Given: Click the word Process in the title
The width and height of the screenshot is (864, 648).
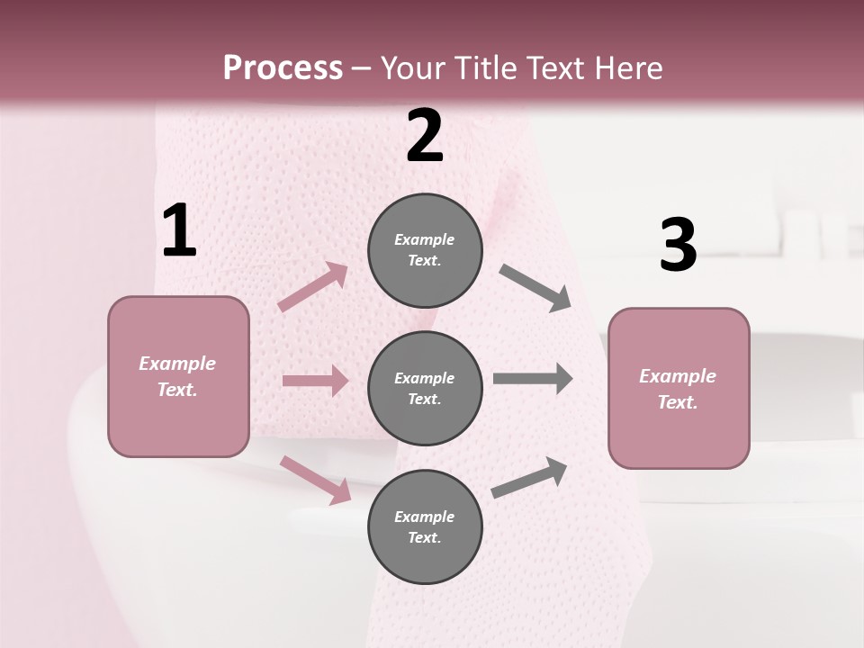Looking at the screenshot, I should (x=283, y=67).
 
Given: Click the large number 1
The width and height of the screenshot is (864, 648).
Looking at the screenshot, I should (x=179, y=231).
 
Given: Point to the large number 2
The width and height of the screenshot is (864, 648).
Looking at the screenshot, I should (x=425, y=136).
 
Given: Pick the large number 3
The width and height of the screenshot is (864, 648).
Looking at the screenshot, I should (x=678, y=245).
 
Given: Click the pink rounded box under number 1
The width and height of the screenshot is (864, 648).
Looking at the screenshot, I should (x=178, y=376).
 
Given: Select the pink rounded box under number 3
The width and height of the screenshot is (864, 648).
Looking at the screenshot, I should (x=679, y=388).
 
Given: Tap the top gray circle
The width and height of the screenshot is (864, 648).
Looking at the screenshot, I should (x=425, y=250).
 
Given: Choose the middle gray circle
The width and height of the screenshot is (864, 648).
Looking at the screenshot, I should (x=425, y=388).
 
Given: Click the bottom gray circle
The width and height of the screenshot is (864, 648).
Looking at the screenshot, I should (x=425, y=526).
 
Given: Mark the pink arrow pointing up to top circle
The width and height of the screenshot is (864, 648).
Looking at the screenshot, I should (x=313, y=287).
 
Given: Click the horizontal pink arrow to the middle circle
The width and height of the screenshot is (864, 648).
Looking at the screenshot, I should (x=315, y=381).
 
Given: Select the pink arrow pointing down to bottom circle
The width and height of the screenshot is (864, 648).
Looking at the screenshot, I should (x=316, y=479).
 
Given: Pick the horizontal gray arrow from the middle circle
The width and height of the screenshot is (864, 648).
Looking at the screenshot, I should (x=532, y=379).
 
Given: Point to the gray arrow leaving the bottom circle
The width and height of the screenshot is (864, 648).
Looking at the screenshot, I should (x=529, y=478).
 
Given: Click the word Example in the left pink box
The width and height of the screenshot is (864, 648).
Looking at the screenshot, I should (x=177, y=364).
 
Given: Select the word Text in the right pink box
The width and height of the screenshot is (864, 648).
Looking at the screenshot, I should (x=677, y=402).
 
